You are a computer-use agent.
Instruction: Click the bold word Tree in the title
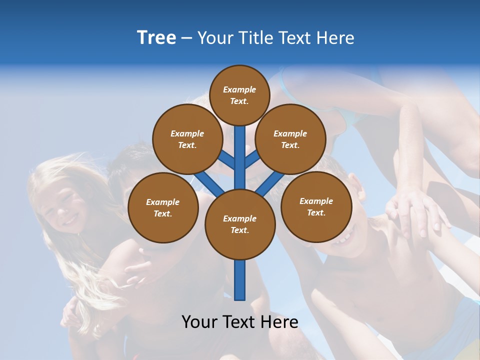point(156,38)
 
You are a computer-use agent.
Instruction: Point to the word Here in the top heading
point(335,38)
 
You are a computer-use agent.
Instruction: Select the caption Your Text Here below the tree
point(240,322)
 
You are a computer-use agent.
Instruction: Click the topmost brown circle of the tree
point(239,95)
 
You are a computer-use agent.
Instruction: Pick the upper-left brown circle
point(187,139)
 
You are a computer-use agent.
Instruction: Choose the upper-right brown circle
point(290,139)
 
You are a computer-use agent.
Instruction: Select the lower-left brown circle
point(163,207)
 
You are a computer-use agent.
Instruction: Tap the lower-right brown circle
point(316,206)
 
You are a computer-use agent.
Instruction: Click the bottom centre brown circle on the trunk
point(240,224)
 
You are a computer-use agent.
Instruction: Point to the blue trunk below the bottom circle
point(240,280)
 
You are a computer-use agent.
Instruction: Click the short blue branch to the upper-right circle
point(252,159)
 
